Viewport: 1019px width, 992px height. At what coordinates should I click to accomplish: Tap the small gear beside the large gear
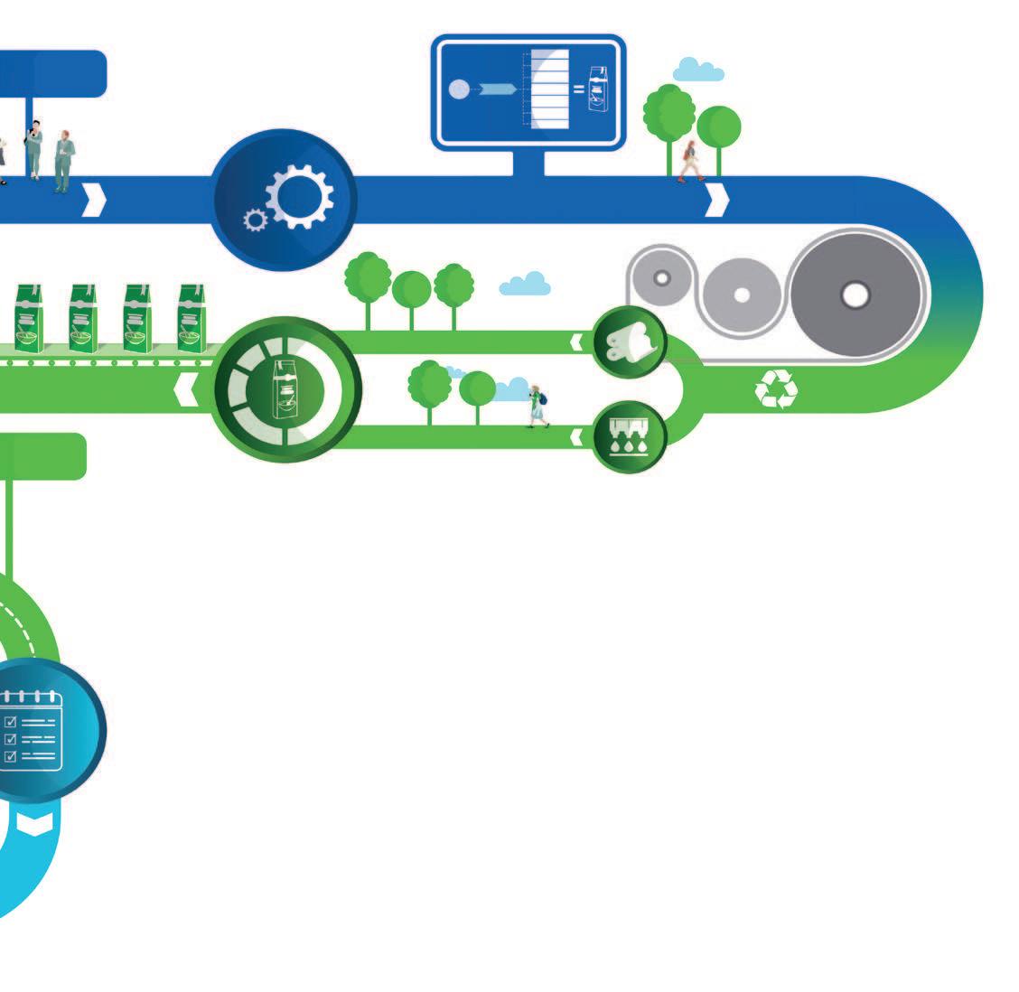pyautogui.click(x=256, y=219)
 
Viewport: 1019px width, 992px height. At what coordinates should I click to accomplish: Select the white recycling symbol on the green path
pyautogui.click(x=776, y=390)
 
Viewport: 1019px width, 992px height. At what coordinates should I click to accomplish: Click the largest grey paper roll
pyautogui.click(x=855, y=295)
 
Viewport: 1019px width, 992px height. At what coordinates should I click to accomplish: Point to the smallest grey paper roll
pyautogui.click(x=661, y=277)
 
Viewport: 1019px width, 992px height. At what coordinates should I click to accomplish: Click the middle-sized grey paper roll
pyautogui.click(x=742, y=295)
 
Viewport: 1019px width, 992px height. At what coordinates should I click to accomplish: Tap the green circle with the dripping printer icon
pyautogui.click(x=630, y=436)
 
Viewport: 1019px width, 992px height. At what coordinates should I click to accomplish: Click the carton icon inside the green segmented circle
pyautogui.click(x=287, y=389)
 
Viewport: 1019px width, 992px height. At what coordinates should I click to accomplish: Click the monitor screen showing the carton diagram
pyautogui.click(x=528, y=90)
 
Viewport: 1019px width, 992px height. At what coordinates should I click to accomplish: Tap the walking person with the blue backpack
pyautogui.click(x=538, y=406)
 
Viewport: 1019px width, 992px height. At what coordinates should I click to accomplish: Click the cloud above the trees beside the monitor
pyautogui.click(x=697, y=70)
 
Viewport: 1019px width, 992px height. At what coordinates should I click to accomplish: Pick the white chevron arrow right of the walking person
pyautogui.click(x=716, y=200)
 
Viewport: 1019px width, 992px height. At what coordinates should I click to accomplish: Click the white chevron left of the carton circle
pyautogui.click(x=186, y=390)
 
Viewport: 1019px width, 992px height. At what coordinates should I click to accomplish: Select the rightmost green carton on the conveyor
pyautogui.click(x=191, y=318)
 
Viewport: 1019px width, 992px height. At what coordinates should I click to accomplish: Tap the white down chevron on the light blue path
pyautogui.click(x=34, y=823)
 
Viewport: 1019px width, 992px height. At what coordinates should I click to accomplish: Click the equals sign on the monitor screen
pyautogui.click(x=579, y=89)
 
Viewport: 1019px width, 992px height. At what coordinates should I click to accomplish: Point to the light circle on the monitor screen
pyautogui.click(x=459, y=89)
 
